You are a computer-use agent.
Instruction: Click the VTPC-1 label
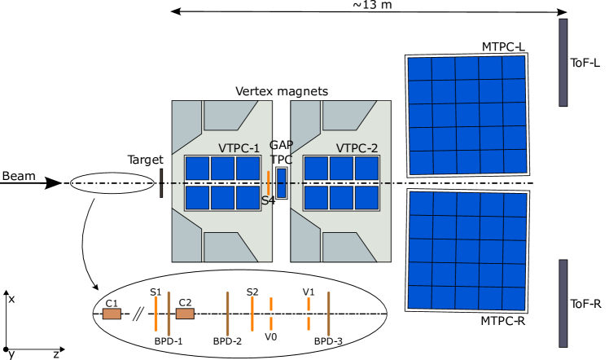[239, 148]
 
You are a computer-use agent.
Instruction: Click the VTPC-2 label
[357, 148]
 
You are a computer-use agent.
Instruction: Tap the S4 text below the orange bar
[267, 200]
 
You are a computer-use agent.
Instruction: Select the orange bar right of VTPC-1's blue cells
[268, 182]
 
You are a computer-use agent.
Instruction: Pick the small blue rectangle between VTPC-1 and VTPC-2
[281, 183]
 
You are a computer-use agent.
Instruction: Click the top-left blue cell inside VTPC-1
[198, 169]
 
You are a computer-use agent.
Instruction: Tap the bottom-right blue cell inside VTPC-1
[248, 198]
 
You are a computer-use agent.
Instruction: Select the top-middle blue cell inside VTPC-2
[341, 169]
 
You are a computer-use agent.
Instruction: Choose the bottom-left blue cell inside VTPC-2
[316, 198]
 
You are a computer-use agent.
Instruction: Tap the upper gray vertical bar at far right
[563, 63]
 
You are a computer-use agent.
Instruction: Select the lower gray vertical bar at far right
[563, 303]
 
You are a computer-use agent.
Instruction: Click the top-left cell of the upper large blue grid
[419, 69]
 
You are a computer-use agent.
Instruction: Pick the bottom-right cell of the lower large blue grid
[514, 298]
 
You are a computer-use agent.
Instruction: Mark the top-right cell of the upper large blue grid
[513, 68]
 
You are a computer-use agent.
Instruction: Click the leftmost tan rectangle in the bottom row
[112, 314]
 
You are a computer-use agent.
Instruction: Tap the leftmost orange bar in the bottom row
[156, 314]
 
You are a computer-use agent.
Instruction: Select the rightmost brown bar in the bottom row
[328, 314]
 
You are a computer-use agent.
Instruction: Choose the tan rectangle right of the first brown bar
[185, 314]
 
